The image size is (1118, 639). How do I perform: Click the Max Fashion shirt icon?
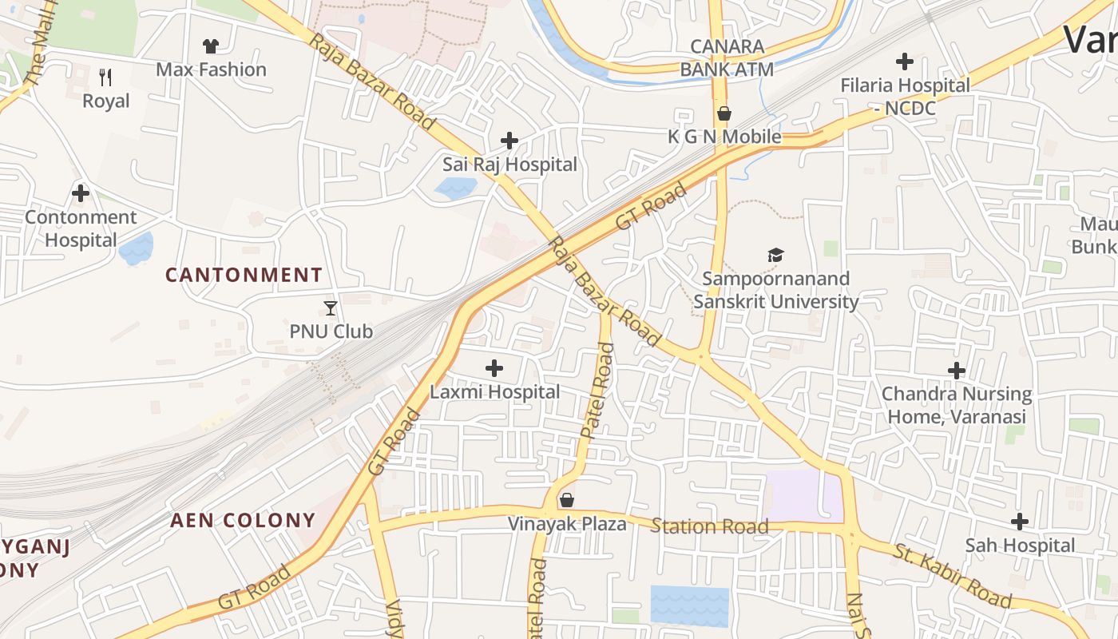pyautogui.click(x=211, y=46)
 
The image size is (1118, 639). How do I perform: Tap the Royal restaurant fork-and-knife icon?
pyautogui.click(x=105, y=77)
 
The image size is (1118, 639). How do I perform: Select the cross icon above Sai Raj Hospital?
pyautogui.click(x=509, y=141)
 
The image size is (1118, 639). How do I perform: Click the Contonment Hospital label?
pyautogui.click(x=81, y=228)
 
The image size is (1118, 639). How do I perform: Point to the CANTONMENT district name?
pyautogui.click(x=244, y=275)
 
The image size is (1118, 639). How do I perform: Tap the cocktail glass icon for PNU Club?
pyautogui.click(x=331, y=308)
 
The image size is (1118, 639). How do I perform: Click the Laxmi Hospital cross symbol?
pyautogui.click(x=494, y=368)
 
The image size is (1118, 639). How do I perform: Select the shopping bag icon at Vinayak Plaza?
pyautogui.click(x=567, y=501)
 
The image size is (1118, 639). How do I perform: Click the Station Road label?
pyautogui.click(x=709, y=526)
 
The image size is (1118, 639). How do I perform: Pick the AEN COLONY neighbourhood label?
pyautogui.click(x=243, y=520)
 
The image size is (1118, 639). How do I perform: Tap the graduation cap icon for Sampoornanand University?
pyautogui.click(x=775, y=256)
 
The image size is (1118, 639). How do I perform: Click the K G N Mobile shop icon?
pyautogui.click(x=724, y=113)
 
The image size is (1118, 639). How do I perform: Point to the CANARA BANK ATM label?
pyautogui.click(x=727, y=58)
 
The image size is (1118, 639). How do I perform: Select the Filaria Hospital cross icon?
pyautogui.click(x=905, y=62)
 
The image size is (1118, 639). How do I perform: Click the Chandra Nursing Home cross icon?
pyautogui.click(x=957, y=371)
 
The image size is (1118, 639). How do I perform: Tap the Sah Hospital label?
pyautogui.click(x=1020, y=546)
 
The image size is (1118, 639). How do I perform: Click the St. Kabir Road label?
pyautogui.click(x=952, y=575)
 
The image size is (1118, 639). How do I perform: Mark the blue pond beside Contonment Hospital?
pyautogui.click(x=136, y=248)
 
